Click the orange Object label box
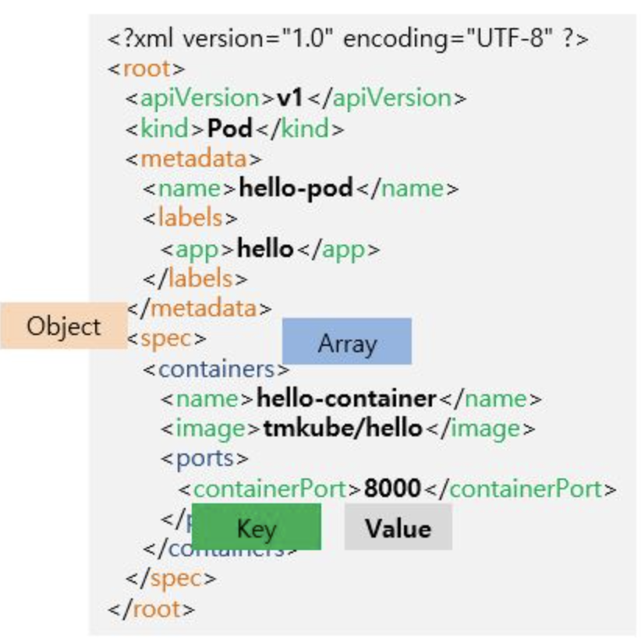[63, 326]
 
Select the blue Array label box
[346, 342]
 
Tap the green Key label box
[256, 528]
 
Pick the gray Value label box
[398, 527]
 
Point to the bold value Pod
[229, 129]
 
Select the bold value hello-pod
[296, 189]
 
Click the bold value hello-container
[345, 399]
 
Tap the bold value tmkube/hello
[342, 429]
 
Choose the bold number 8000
[392, 489]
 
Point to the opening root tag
[147, 69]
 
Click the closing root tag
[151, 608]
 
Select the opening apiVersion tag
[200, 99]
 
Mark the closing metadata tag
[199, 308]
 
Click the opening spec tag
[165, 339]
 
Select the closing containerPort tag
[522, 489]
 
